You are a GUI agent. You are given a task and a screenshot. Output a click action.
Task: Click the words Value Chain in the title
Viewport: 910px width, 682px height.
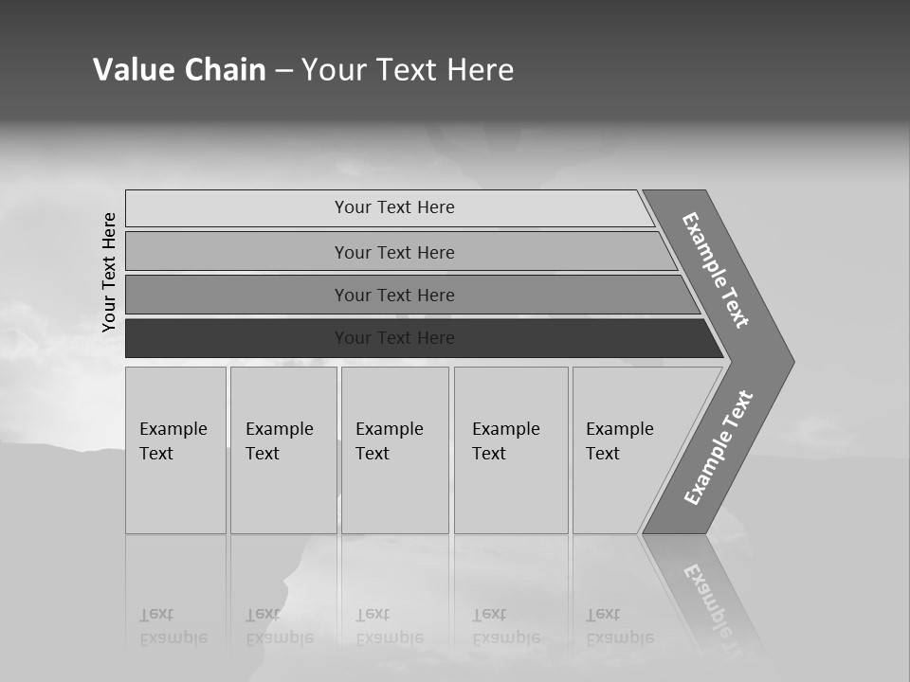tap(179, 70)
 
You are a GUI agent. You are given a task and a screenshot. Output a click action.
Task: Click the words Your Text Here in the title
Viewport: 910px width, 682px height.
tap(408, 70)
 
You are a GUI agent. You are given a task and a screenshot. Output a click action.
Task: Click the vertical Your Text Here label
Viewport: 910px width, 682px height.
tap(109, 272)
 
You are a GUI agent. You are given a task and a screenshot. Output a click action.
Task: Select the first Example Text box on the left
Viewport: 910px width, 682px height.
tap(175, 450)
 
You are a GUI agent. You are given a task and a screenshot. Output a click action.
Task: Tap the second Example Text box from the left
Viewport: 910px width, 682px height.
tap(282, 450)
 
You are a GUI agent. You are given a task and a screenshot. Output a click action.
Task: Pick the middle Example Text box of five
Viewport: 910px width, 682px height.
tap(394, 450)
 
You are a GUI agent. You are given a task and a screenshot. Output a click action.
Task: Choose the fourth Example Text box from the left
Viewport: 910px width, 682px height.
tap(511, 450)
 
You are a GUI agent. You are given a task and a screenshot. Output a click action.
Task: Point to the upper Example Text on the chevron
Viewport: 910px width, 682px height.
tap(716, 270)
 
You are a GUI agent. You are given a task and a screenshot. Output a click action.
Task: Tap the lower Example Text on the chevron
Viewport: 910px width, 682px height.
tap(718, 447)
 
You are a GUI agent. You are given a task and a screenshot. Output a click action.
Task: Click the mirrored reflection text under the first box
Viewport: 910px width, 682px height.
tap(173, 626)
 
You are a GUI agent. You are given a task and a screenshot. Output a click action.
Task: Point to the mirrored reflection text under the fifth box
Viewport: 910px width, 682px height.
tap(620, 626)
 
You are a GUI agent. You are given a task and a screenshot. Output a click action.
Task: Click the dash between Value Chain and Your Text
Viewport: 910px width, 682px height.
tap(283, 71)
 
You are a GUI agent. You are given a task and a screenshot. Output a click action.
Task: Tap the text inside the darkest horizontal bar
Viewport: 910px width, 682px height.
tap(394, 338)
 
